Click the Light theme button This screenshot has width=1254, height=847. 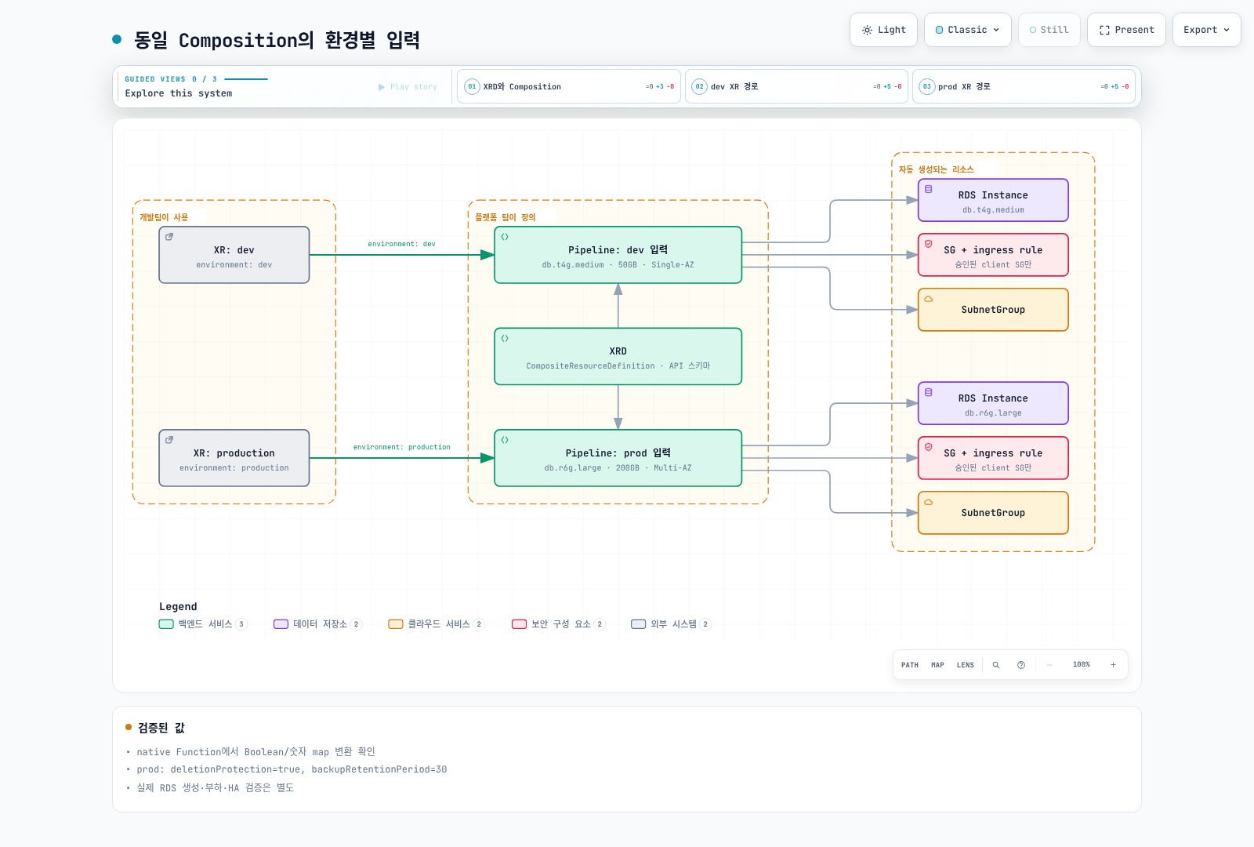(883, 30)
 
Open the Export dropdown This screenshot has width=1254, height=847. (1206, 30)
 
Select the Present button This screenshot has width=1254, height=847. (1126, 30)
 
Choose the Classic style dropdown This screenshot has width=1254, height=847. (967, 30)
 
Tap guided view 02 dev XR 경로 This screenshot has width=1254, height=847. (796, 86)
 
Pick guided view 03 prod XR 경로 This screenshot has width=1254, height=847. (1024, 86)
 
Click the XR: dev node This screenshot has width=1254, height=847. (234, 255)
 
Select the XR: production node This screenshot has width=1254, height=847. (234, 458)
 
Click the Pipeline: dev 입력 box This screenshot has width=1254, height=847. (618, 255)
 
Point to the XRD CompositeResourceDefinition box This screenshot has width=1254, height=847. (618, 356)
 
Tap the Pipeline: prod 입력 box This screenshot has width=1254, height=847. (618, 458)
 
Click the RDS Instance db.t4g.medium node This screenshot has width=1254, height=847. (993, 200)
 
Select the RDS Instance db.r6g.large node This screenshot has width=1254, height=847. (993, 403)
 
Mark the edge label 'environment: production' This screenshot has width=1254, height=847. (401, 447)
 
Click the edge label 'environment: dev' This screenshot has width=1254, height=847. (401, 244)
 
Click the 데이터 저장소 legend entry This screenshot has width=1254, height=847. (317, 624)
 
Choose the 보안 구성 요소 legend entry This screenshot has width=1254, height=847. (558, 624)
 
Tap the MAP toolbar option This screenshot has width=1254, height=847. (937, 665)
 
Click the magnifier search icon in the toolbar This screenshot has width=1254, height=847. (996, 665)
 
